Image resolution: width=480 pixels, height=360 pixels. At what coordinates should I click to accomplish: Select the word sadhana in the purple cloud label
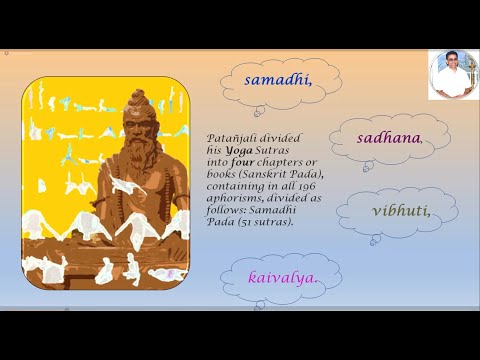click(x=387, y=138)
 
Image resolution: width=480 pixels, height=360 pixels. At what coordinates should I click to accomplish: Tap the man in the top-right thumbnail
click(x=453, y=74)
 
